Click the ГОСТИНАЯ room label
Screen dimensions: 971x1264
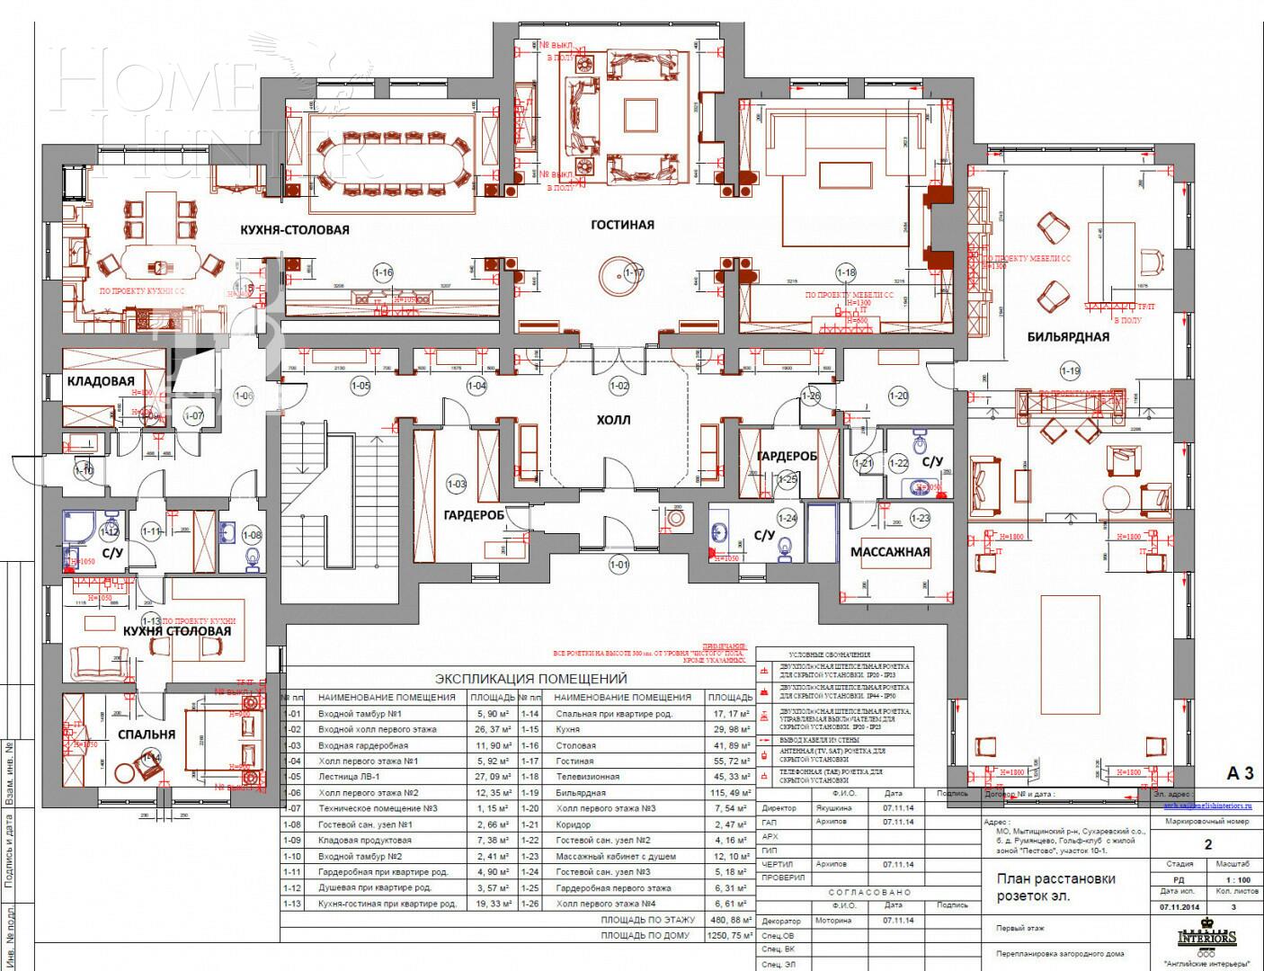(x=622, y=225)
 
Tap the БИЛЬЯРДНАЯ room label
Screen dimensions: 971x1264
(x=1068, y=337)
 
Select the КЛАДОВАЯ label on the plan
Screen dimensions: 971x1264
(x=101, y=381)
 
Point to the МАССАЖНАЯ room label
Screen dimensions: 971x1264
(x=890, y=552)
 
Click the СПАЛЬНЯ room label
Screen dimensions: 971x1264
(x=147, y=735)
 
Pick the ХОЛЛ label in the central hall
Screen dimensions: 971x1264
(x=614, y=420)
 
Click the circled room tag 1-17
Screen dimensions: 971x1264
(x=634, y=272)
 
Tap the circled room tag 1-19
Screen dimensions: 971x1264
(x=1070, y=370)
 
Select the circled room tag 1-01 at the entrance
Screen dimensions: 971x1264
(x=619, y=565)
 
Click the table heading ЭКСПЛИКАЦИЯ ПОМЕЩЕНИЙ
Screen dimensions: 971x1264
(x=530, y=679)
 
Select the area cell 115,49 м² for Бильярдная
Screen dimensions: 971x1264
(x=730, y=793)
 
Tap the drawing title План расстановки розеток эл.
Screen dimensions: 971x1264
(x=1056, y=886)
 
